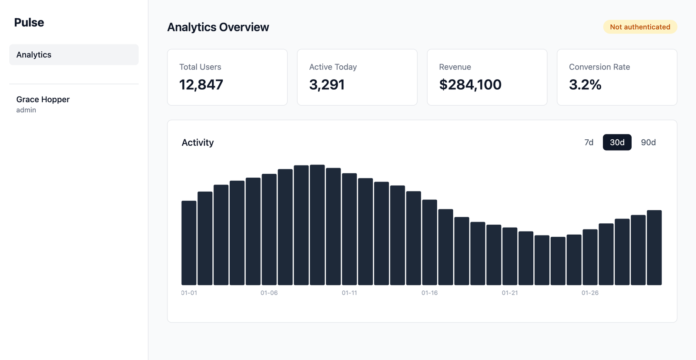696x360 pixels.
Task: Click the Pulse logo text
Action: point(29,23)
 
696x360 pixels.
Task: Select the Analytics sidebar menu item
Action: point(74,55)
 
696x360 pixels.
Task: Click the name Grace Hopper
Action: point(43,99)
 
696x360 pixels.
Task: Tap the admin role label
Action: point(26,110)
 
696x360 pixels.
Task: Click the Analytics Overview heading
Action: point(218,27)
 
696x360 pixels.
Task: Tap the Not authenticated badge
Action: point(640,27)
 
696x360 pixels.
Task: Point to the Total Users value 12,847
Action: point(201,84)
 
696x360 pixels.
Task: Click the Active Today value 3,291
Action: point(327,84)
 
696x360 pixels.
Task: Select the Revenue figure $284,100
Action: point(470,84)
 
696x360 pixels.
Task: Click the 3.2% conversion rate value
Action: point(585,84)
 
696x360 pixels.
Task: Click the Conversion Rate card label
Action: point(599,67)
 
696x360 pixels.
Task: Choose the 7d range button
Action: point(589,142)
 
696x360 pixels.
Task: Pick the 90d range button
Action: point(648,142)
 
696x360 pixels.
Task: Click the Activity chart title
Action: point(197,142)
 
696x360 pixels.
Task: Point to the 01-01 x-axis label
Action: point(189,293)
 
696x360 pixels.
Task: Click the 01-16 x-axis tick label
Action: point(429,293)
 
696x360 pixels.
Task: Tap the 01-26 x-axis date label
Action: point(590,293)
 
